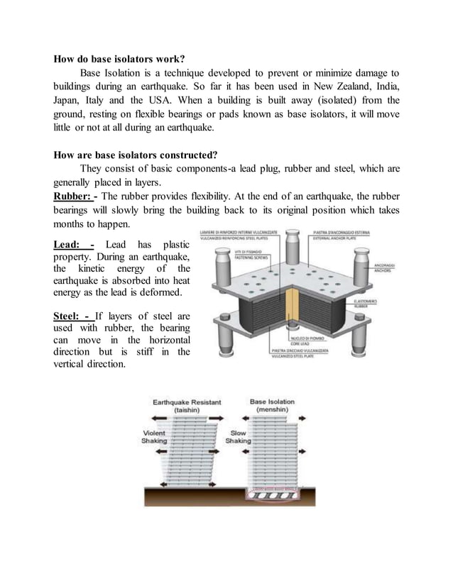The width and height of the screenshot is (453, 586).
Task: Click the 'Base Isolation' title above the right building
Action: click(272, 402)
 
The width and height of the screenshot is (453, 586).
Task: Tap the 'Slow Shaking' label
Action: click(238, 436)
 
